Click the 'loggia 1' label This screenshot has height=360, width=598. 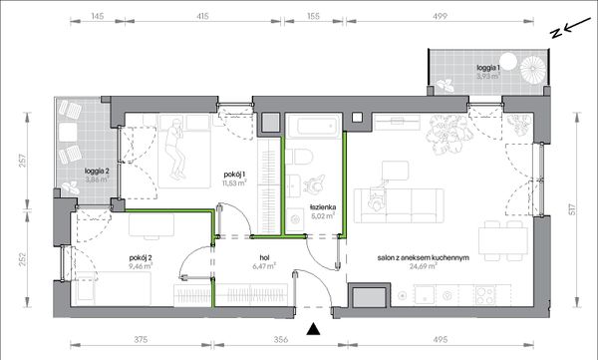pyautogui.click(x=487, y=68)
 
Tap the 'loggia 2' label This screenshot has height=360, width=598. pyautogui.click(x=97, y=172)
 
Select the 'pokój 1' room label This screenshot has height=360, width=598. pyautogui.click(x=234, y=175)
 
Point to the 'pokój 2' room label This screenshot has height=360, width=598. pyautogui.click(x=141, y=257)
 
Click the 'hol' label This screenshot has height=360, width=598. pyautogui.click(x=264, y=258)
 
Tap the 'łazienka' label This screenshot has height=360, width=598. pyautogui.click(x=323, y=207)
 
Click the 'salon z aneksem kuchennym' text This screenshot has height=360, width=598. pyautogui.click(x=424, y=258)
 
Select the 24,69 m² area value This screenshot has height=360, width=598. pyautogui.click(x=424, y=266)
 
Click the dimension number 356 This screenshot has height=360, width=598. pyautogui.click(x=281, y=339)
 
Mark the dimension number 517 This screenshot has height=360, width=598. pyautogui.click(x=572, y=209)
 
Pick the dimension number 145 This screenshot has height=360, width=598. pyautogui.click(x=98, y=16)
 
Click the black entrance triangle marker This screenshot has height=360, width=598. pyautogui.click(x=313, y=329)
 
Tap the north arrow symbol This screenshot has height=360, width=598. pyautogui.click(x=570, y=28)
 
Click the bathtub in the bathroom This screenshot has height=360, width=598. pyautogui.click(x=314, y=126)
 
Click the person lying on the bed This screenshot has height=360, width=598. pyautogui.click(x=175, y=150)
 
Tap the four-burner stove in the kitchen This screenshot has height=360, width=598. pyautogui.click(x=485, y=295)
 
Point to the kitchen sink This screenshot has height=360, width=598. pyautogui.click(x=425, y=295)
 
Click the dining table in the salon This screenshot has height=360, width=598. pyautogui.click(x=503, y=241)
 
